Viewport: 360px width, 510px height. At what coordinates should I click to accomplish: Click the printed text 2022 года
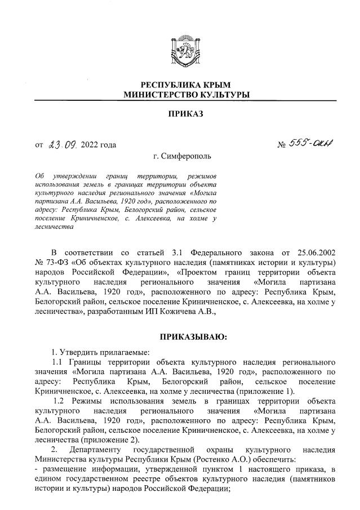click(99, 145)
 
